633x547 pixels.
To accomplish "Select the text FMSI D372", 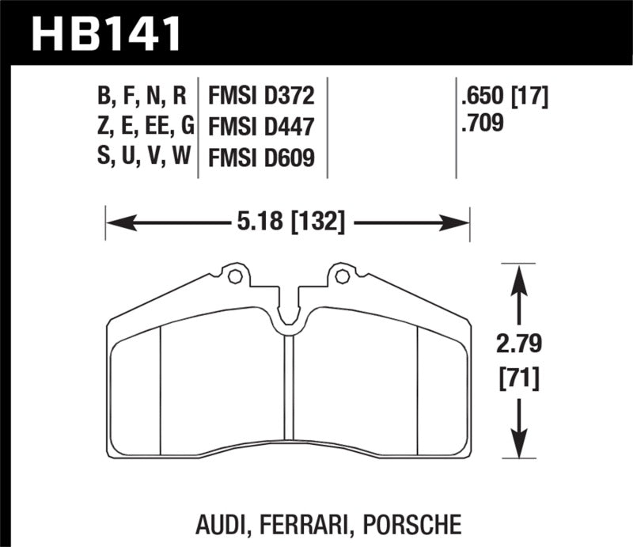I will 261,97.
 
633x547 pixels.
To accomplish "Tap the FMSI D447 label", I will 261,127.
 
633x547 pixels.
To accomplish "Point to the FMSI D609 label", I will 261,158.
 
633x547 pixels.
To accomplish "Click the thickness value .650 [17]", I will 504,97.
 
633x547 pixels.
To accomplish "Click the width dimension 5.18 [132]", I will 288,222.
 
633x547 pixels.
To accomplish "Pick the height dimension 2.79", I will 519,345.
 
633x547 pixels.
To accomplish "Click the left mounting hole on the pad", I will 234,277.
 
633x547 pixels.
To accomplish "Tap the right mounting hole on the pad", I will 342,277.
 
